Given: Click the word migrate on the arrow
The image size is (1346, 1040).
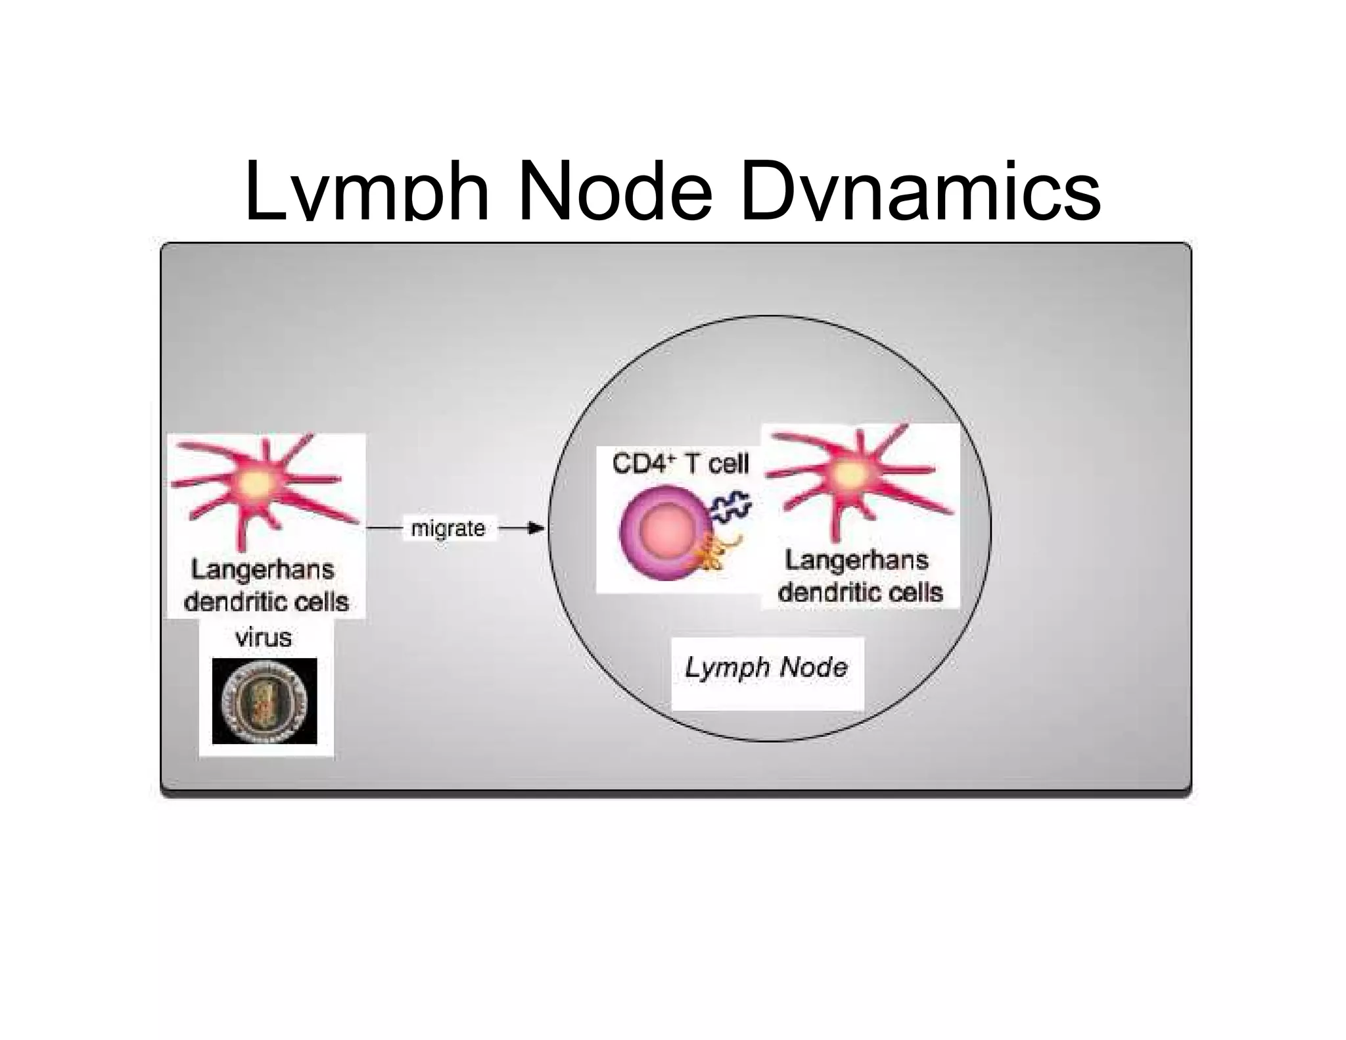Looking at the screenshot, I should pyautogui.click(x=448, y=528).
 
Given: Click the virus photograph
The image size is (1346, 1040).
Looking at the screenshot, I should pyautogui.click(x=264, y=701).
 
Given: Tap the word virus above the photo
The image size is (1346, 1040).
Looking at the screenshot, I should pyautogui.click(x=264, y=637).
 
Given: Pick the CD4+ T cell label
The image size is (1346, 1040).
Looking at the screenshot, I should pyautogui.click(x=680, y=463).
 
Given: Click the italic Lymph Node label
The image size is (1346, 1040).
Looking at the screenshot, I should pyautogui.click(x=766, y=668).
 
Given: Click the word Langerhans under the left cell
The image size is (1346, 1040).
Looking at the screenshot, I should pyautogui.click(x=263, y=569).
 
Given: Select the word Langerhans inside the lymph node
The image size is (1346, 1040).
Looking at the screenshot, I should pyautogui.click(x=856, y=560).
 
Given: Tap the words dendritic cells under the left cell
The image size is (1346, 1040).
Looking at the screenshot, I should pyautogui.click(x=266, y=602).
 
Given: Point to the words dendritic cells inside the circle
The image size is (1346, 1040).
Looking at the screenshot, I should pyautogui.click(x=860, y=592).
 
